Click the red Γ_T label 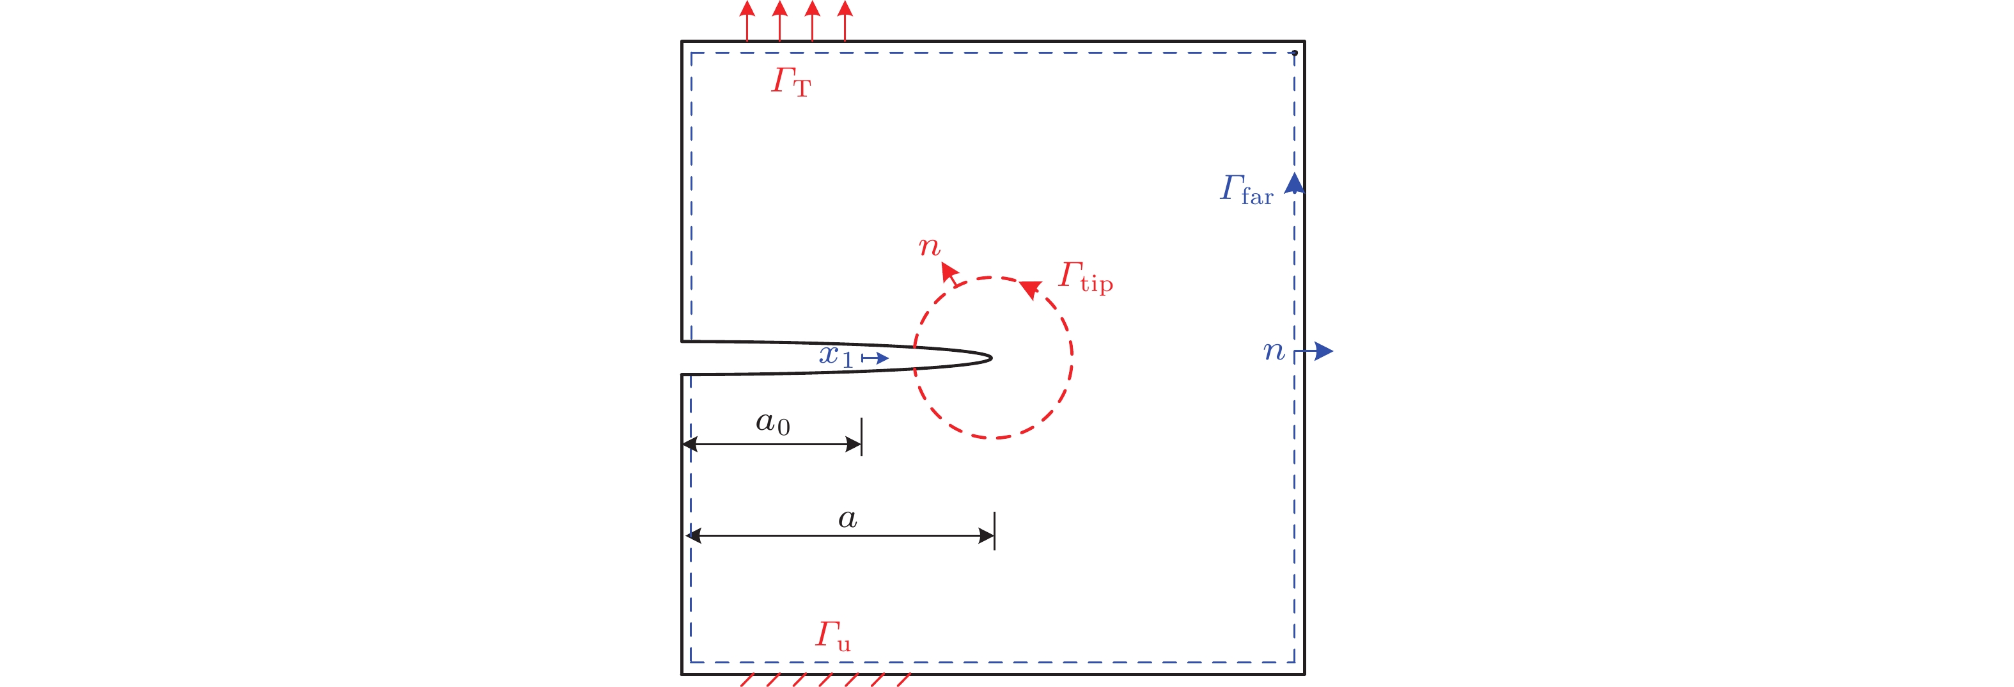coord(790,81)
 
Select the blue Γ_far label coord(1246,190)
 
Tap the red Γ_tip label coord(1085,277)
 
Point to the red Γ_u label coord(832,635)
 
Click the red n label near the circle coord(929,248)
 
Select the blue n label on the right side coord(1274,351)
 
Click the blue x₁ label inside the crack coord(835,357)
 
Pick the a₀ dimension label coord(772,423)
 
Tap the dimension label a coord(848,518)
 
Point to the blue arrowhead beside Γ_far coord(1294,184)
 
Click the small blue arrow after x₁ coord(876,358)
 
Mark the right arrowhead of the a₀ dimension coord(854,445)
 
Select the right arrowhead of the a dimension coord(987,536)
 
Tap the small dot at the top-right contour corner coord(1294,53)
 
